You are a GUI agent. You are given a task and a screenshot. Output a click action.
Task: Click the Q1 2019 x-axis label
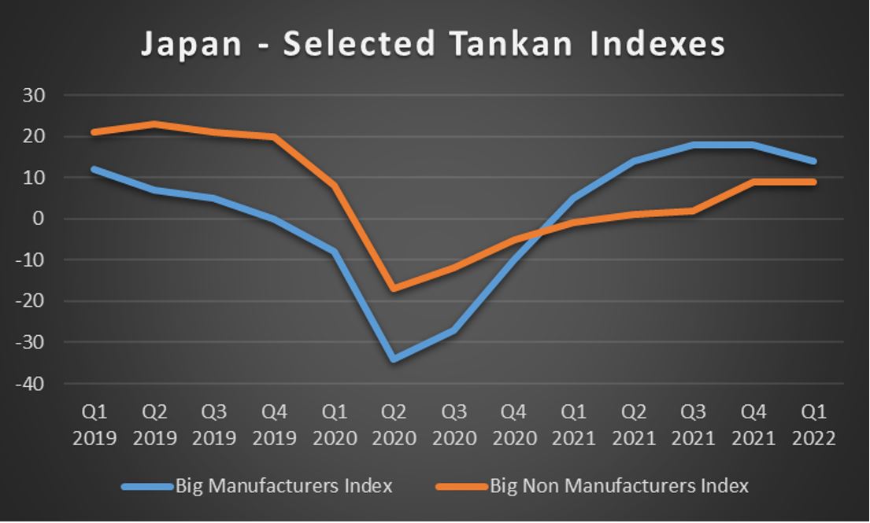pyautogui.click(x=94, y=425)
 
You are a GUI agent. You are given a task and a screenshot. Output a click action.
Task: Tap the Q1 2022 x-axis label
pyautogui.click(x=814, y=425)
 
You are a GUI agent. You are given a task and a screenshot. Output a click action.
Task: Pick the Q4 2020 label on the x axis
pyautogui.click(x=513, y=425)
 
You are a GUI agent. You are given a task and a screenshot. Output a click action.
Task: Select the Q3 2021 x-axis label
pyautogui.click(x=694, y=425)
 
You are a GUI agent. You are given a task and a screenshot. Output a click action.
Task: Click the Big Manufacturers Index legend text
pyautogui.click(x=284, y=486)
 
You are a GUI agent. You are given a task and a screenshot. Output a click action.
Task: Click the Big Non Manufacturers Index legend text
pyautogui.click(x=619, y=486)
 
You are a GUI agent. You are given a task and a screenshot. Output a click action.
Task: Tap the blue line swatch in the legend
pyautogui.click(x=147, y=487)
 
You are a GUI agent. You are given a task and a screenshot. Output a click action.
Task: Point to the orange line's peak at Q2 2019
pyautogui.click(x=154, y=123)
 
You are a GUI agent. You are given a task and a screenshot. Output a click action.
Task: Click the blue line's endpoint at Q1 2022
pyautogui.click(x=814, y=161)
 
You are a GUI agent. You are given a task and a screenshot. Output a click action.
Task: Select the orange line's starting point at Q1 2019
pyautogui.click(x=94, y=132)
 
